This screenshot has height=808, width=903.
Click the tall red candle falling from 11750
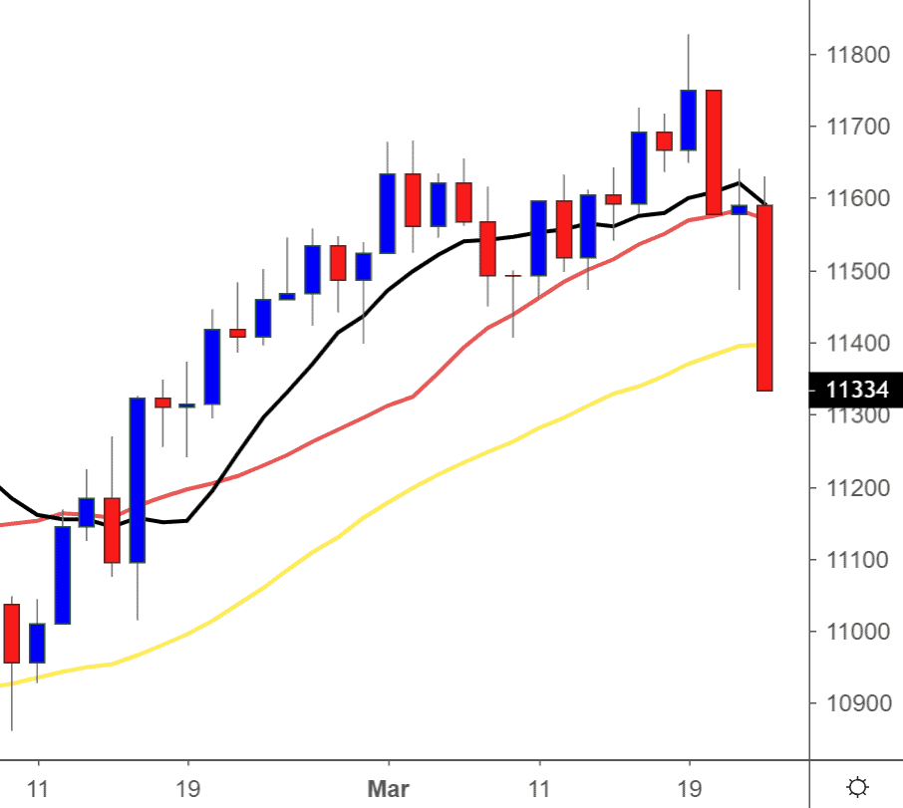(714, 151)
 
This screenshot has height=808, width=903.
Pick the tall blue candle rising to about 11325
(137, 479)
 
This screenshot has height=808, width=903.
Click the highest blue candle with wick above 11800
(689, 120)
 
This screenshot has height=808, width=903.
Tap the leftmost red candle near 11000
(12, 633)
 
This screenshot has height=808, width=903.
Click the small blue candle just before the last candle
(739, 209)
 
